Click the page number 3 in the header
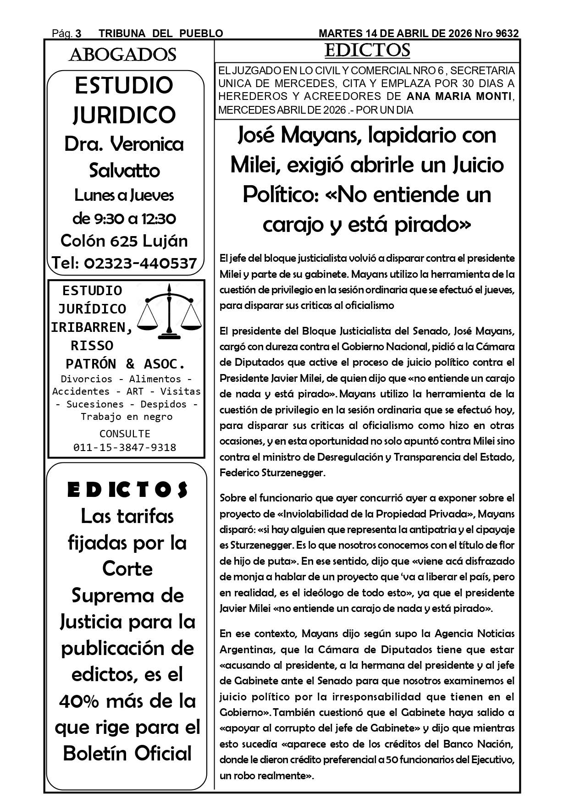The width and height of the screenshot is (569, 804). [78, 33]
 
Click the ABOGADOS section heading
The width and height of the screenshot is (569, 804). [122, 55]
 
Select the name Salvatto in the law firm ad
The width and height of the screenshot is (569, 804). [124, 171]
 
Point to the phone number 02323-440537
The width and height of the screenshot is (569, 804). [140, 263]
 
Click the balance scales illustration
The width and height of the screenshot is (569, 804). [170, 311]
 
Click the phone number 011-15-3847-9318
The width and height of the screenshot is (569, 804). [125, 447]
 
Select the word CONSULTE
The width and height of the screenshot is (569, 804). [125, 434]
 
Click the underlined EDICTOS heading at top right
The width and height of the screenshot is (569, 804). [367, 51]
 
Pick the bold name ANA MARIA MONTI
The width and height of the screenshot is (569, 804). [459, 97]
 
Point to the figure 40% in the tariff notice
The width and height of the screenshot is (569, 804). [83, 701]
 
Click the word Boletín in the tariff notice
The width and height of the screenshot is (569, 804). [94, 754]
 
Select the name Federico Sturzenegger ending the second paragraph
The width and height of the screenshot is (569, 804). [272, 473]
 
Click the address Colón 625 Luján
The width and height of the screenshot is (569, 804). [124, 241]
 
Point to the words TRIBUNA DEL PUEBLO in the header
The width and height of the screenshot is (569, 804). [161, 33]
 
